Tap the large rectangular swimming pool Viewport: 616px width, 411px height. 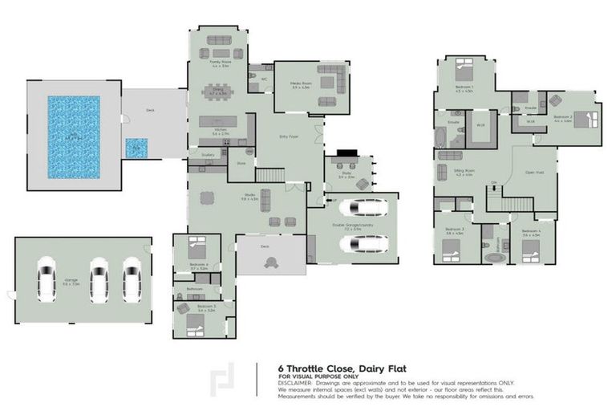73,137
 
